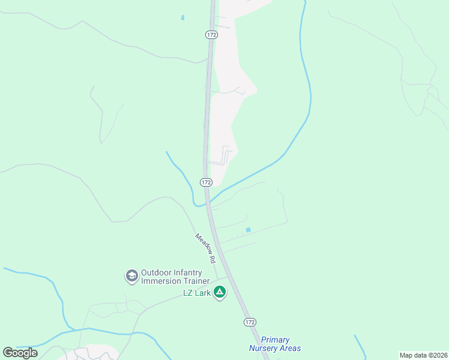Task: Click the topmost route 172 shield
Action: coord(211,35)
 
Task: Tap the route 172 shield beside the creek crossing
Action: coord(206,182)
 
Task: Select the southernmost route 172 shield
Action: coord(250,322)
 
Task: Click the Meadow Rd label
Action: coord(205,248)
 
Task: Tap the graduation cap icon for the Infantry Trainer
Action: coord(131,277)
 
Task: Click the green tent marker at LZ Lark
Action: coord(220,292)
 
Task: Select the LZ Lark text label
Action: coord(196,293)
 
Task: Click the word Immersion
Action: coord(162,281)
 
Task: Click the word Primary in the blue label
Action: coord(276,340)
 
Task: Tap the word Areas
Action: coord(291,348)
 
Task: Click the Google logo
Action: coord(20,353)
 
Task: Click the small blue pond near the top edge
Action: coord(182,17)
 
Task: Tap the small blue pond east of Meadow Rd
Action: coord(248,230)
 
